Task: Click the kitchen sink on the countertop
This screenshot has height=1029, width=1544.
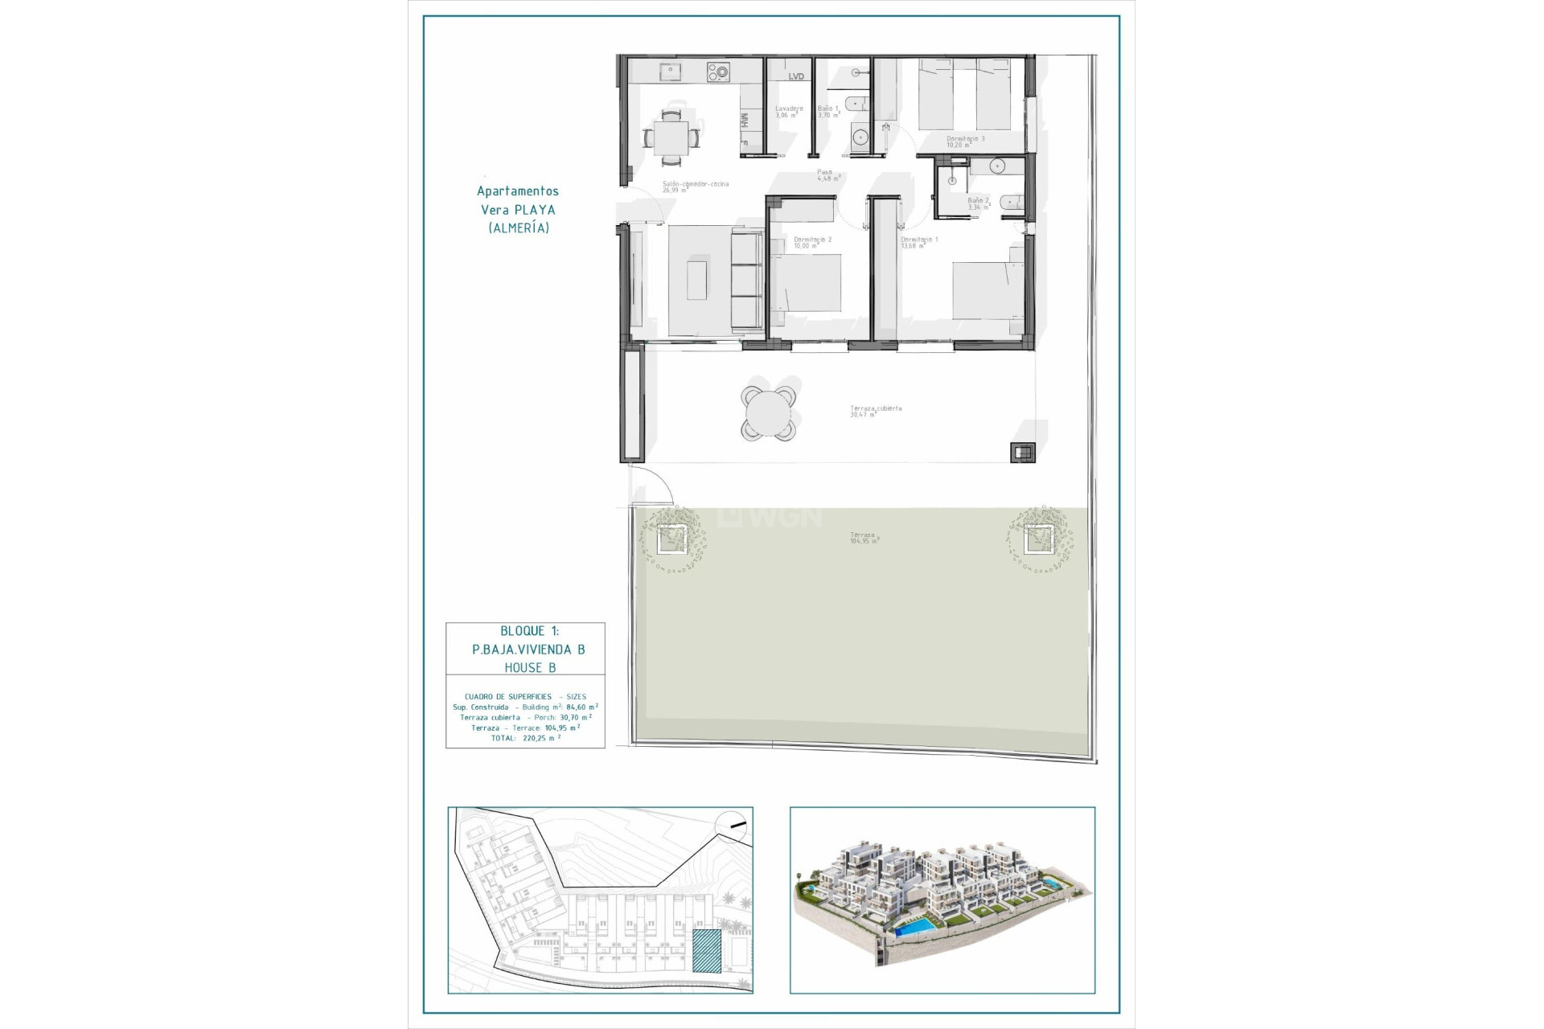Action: [x=670, y=73]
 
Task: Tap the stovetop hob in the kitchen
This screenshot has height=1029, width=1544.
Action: [x=718, y=72]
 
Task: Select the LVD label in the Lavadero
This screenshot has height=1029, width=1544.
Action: [x=795, y=76]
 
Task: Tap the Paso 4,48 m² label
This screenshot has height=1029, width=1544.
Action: [x=827, y=174]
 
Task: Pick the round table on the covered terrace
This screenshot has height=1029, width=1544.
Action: [x=768, y=415]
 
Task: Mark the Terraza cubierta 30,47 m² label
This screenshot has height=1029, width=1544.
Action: [x=875, y=411]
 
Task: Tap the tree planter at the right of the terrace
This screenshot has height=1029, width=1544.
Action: [x=1038, y=539]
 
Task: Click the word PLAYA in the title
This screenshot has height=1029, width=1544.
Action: [x=535, y=210]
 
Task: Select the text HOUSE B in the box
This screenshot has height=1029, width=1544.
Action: [x=530, y=667]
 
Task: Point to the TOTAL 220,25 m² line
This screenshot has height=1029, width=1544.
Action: [x=525, y=738]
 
